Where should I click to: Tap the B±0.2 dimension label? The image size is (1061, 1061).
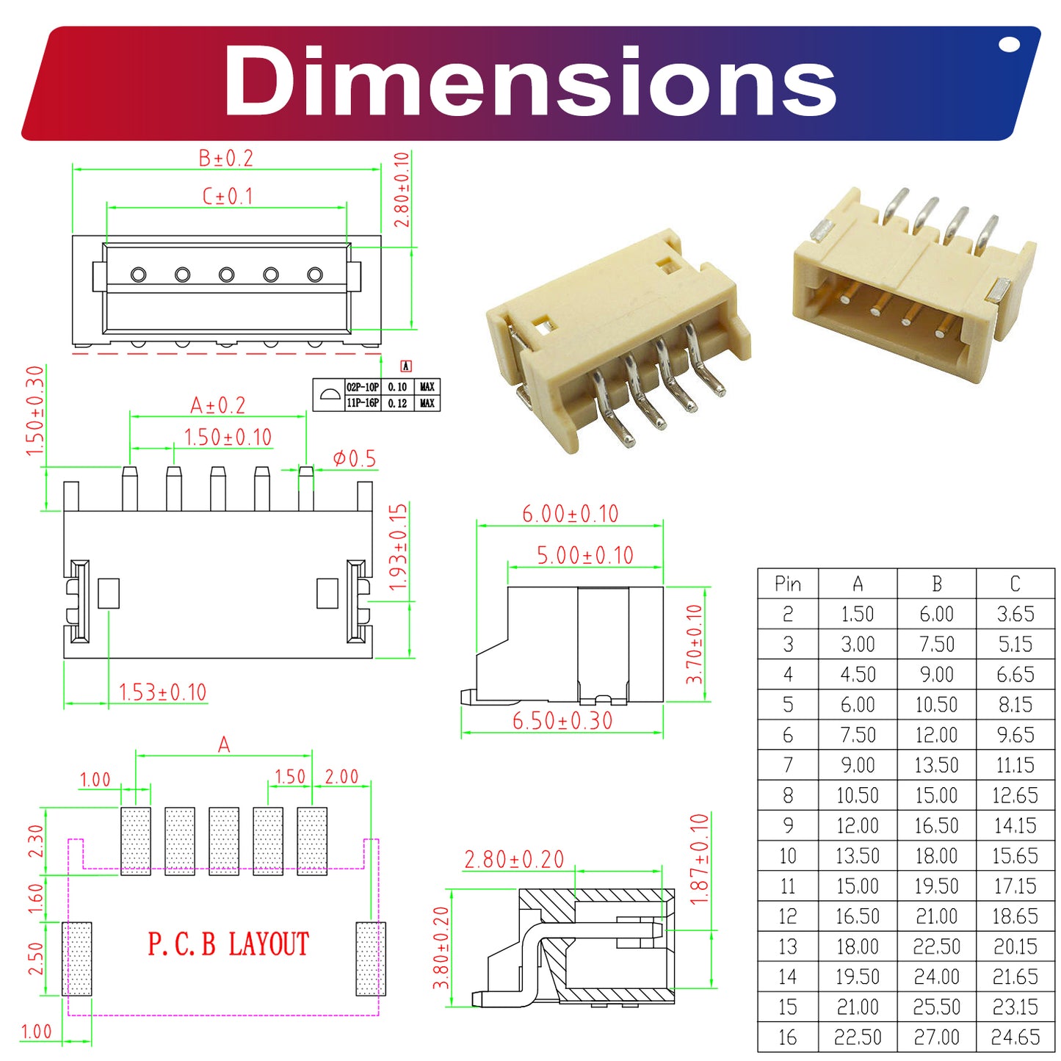(225, 159)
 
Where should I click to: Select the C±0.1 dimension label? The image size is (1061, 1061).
(227, 197)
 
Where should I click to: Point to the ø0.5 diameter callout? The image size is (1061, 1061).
(354, 459)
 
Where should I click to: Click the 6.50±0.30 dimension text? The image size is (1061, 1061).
(562, 721)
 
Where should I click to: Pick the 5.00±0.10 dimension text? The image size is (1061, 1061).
(584, 556)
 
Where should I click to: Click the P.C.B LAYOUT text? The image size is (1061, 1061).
(228, 944)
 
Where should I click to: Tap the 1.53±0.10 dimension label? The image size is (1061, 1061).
(162, 692)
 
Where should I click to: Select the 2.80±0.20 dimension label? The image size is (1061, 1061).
(514, 859)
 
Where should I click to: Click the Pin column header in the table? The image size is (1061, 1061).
(787, 584)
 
